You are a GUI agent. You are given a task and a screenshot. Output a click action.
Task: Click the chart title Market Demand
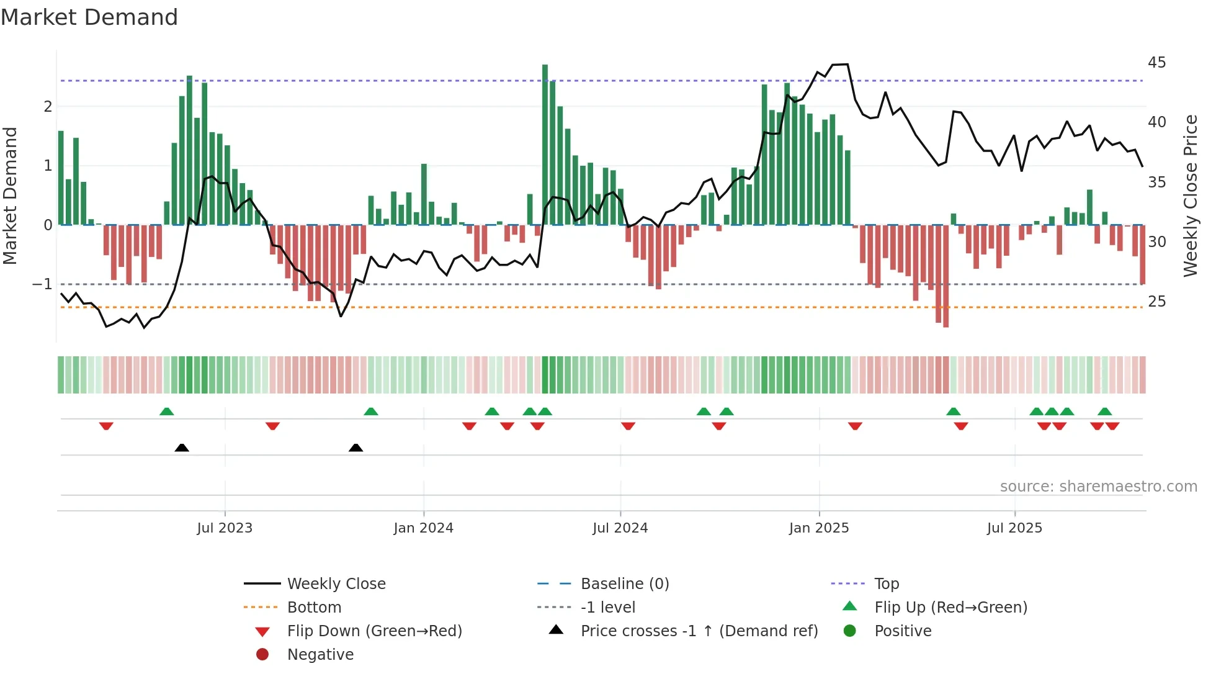pos(89,17)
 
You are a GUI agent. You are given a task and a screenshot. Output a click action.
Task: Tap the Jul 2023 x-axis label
pos(225,528)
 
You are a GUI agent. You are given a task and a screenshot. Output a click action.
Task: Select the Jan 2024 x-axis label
pos(423,528)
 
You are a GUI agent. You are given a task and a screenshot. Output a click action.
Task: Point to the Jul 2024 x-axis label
pos(620,528)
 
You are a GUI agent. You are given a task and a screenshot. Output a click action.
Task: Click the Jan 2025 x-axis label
pos(819,528)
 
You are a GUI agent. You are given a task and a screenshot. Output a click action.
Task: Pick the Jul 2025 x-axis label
pos(1014,528)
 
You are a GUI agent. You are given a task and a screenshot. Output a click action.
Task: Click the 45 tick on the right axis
pos(1156,63)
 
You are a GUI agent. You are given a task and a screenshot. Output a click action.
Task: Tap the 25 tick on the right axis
pos(1156,302)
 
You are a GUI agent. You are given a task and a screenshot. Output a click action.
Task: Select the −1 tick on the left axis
pos(42,284)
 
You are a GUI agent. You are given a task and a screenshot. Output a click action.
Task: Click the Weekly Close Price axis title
pos(1190,196)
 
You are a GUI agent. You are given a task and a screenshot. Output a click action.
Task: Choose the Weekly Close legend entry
pos(336,584)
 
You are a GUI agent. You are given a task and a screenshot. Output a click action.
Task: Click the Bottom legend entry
pos(314,608)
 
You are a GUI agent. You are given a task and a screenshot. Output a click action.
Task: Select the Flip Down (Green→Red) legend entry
pos(374,631)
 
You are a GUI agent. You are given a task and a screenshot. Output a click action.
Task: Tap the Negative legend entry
pos(320,655)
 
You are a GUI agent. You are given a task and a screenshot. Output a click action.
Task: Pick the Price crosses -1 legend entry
pos(699,631)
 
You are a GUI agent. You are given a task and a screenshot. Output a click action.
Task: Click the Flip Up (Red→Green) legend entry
pos(950,608)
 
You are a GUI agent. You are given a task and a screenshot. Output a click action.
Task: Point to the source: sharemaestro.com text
pos(1098,487)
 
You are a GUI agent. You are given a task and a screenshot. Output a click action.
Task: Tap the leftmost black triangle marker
pos(182,448)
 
